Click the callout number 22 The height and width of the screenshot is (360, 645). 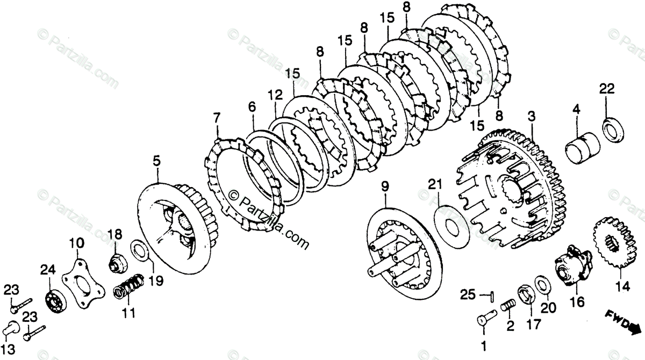click(x=606, y=89)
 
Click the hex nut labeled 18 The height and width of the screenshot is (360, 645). click(x=116, y=262)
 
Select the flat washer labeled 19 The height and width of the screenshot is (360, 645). click(x=139, y=250)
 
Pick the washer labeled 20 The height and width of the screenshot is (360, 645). click(x=542, y=286)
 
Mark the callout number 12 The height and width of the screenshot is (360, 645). click(x=275, y=95)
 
